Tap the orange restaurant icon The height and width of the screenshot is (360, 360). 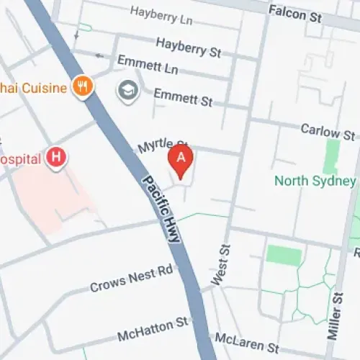83,88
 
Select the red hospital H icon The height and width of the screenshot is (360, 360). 55,158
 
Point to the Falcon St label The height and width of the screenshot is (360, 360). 295,12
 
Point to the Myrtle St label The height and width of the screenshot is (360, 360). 162,147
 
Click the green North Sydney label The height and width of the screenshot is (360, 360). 315,181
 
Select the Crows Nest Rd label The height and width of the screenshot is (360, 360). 132,278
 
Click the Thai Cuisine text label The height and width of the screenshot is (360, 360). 32,88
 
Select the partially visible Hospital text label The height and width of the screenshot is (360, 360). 19,158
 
